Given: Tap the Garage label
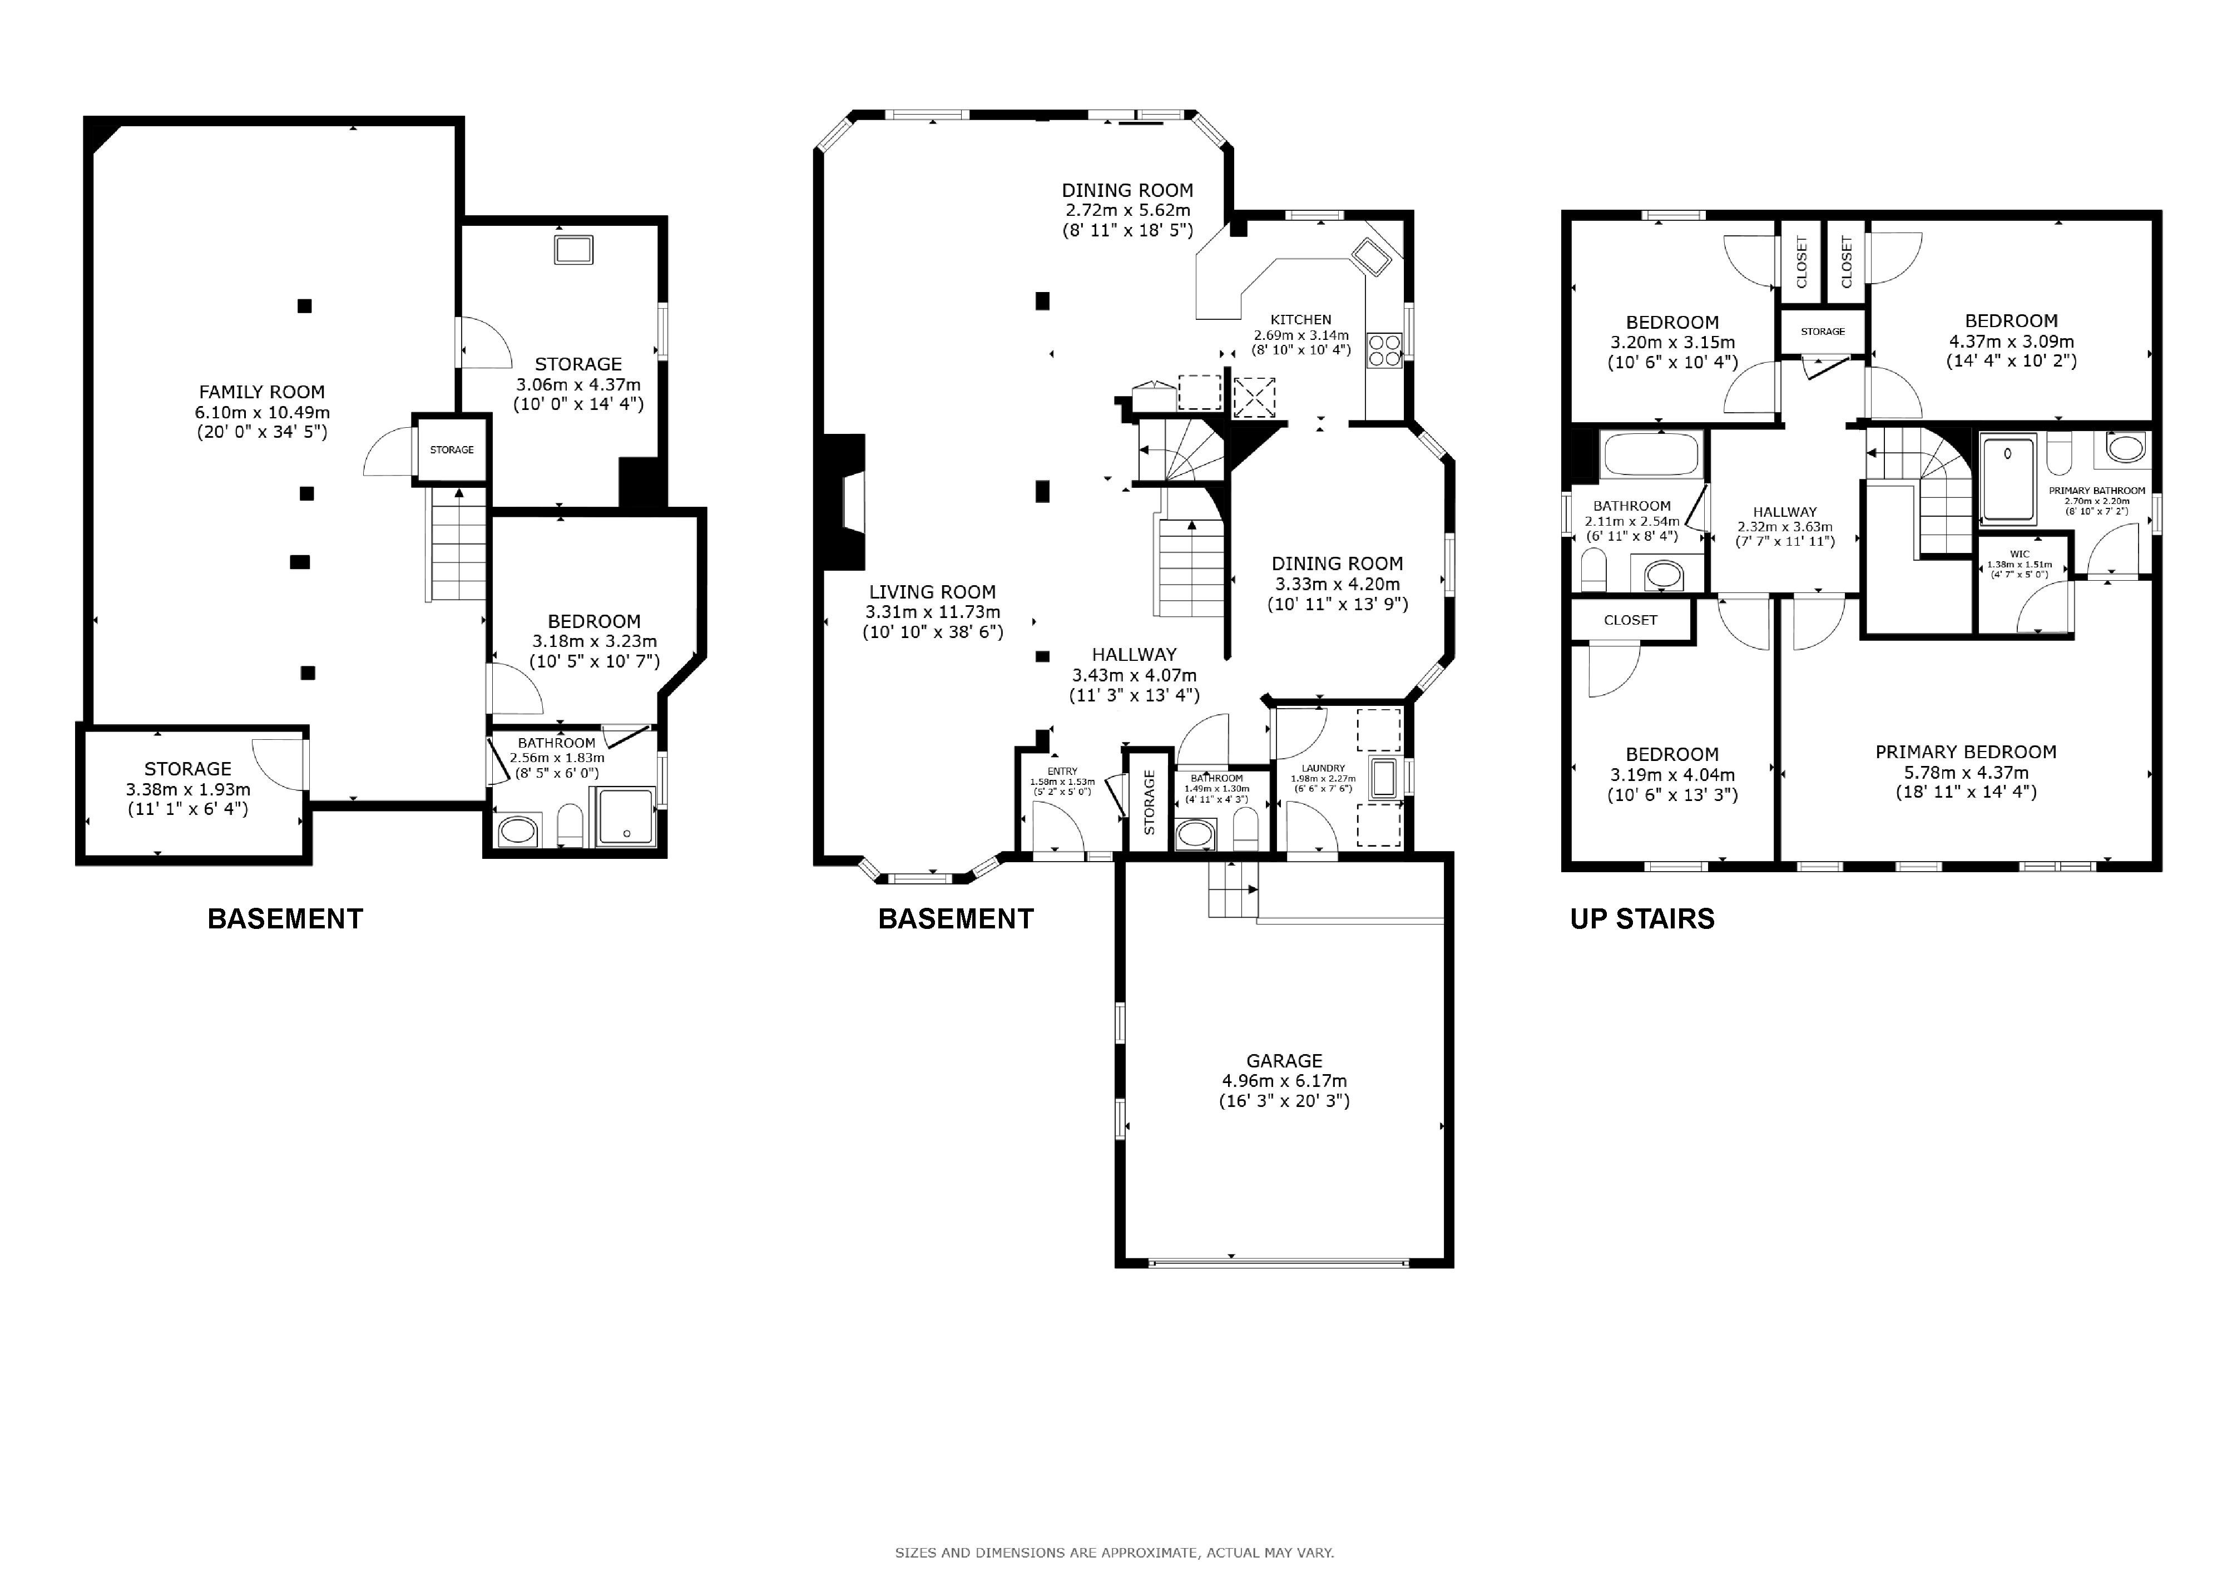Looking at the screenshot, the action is pos(1284,1061).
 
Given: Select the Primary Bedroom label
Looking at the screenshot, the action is pos(1966,752).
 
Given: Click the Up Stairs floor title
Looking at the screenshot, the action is pos(1642,918).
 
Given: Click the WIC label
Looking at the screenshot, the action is pos(2020,553).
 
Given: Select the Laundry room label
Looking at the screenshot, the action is pos(1323,768).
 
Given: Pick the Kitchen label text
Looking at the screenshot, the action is pos(1301,319).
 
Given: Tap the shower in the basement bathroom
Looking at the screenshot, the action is pos(626,815).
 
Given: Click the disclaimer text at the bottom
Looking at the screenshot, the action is pos(1115,1553).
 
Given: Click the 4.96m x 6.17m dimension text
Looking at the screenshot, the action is pos(1284,1080).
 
